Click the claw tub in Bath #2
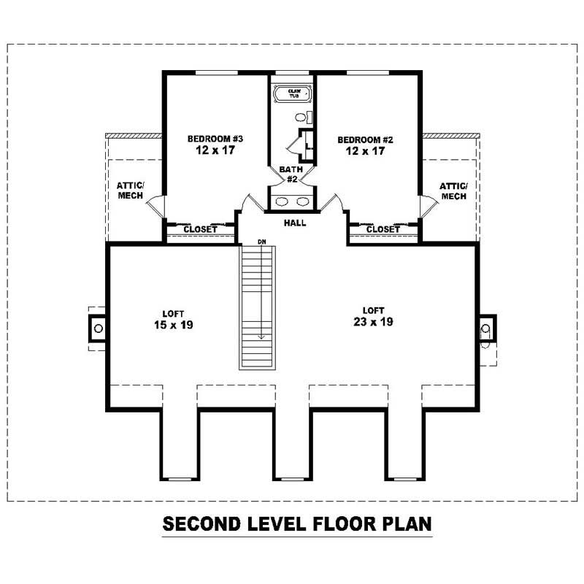click(293, 93)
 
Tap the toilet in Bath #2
click(303, 118)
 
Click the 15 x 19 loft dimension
click(174, 325)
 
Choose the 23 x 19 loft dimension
click(373, 322)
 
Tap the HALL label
click(295, 223)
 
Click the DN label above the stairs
click(262, 242)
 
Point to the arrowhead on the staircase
click(261, 337)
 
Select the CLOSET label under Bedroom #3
click(200, 229)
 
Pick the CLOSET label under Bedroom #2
click(383, 229)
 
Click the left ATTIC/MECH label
click(131, 191)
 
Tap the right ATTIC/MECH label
click(453, 191)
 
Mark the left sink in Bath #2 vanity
click(282, 201)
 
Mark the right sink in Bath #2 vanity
click(303, 201)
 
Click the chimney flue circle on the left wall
click(99, 328)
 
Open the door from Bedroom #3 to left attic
click(155, 206)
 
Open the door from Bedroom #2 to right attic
click(429, 207)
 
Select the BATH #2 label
click(291, 174)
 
